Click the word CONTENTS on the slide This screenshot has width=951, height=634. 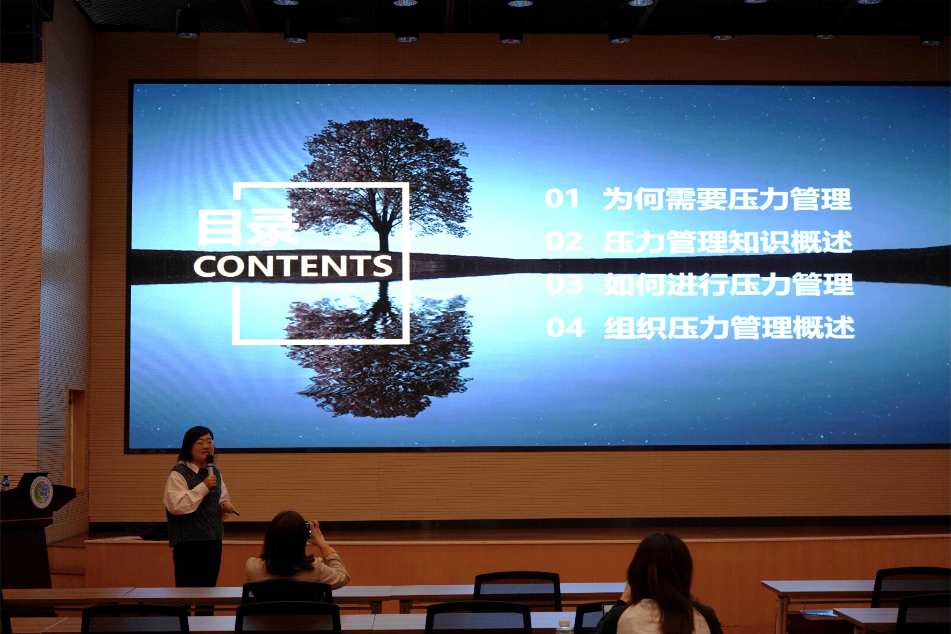coord(293,266)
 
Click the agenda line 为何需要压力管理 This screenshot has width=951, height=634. coord(727,199)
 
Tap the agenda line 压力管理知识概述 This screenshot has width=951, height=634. coord(728,242)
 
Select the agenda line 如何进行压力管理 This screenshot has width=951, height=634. coord(729,285)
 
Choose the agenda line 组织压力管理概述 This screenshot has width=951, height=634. coord(729,327)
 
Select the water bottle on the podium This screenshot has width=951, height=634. coord(5,483)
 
